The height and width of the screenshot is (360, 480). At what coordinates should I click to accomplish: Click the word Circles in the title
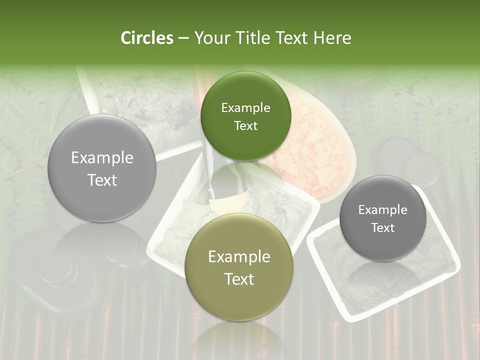[146, 38]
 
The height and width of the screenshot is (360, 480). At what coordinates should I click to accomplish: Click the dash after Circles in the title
[183, 38]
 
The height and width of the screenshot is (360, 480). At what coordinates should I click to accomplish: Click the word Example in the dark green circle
[245, 108]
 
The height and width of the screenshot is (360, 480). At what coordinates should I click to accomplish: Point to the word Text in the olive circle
[239, 279]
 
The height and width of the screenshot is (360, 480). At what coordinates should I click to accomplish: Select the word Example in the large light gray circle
[102, 158]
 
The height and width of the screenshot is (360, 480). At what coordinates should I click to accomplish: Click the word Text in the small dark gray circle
[383, 228]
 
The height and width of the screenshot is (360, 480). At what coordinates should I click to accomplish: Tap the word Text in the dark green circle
[245, 126]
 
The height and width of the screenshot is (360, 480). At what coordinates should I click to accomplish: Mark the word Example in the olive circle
[239, 257]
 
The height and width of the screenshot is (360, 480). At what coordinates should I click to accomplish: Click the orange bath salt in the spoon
[310, 145]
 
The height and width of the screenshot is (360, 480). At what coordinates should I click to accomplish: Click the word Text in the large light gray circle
[102, 180]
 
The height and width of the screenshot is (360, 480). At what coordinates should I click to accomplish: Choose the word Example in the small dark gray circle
[383, 210]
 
